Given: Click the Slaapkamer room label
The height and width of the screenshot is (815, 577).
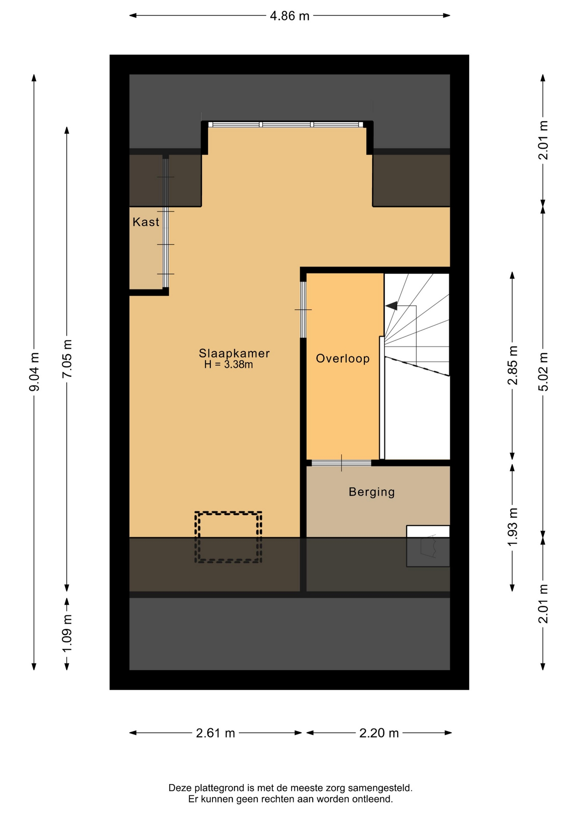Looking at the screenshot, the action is [234, 353].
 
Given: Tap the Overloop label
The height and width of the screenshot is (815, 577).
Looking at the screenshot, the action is [343, 359].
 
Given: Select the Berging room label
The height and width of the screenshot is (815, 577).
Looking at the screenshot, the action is [372, 492].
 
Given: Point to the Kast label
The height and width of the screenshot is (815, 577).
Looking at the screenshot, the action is [146, 222].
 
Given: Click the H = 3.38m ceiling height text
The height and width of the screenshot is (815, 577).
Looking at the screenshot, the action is [229, 365].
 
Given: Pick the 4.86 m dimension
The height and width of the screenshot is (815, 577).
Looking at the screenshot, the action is [290, 16].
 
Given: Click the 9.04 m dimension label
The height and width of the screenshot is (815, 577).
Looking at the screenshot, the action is [34, 372].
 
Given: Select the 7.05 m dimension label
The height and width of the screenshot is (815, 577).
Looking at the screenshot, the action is [67, 359].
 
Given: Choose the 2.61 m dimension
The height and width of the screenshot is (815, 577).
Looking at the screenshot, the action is [215, 733].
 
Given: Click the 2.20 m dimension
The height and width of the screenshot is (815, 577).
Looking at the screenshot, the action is [379, 733].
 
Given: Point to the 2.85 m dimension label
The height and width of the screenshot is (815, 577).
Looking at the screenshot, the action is [513, 365].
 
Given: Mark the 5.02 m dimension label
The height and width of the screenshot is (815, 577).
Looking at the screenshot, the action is [543, 372].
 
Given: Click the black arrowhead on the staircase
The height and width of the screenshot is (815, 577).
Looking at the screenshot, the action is [391, 306].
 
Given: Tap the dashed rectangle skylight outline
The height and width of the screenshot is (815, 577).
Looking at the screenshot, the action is [228, 513].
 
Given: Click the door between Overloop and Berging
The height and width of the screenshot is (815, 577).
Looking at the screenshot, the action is [342, 463].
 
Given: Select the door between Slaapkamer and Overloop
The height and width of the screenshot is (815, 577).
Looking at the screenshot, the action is [303, 310].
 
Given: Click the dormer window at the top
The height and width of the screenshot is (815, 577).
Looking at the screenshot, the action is [287, 124].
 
